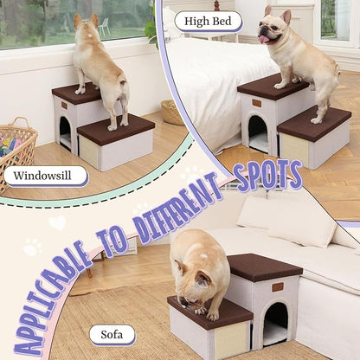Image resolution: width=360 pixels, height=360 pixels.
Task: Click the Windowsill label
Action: [45, 177]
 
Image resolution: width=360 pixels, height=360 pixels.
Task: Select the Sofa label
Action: [112, 334]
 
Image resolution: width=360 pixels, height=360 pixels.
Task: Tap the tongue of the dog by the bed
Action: [264, 38]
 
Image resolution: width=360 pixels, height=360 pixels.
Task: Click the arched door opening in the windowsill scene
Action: [65, 132]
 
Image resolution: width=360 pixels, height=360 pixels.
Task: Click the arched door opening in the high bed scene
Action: [258, 133]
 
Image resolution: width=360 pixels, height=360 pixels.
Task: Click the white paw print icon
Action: [32, 247]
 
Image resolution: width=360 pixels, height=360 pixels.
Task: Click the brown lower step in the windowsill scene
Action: [115, 128]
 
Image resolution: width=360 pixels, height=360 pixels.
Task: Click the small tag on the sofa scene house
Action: [277, 286]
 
